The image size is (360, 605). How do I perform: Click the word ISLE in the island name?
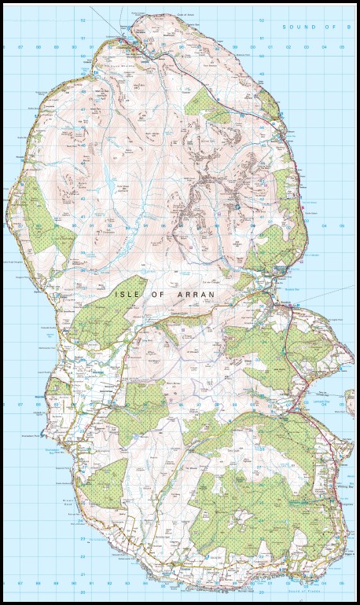127,293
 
